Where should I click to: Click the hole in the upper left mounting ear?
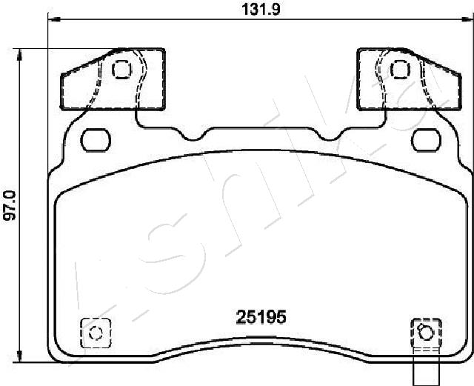pyautogui.click(x=120, y=70)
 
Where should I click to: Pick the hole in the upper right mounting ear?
pyautogui.click(x=400, y=70)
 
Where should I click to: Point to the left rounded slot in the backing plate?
pyautogui.click(x=94, y=138)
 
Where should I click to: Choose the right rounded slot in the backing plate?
pyautogui.click(x=425, y=138)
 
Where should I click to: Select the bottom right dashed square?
pyautogui.click(x=425, y=332)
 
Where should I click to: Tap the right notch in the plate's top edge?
pyautogui.click(x=341, y=136)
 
